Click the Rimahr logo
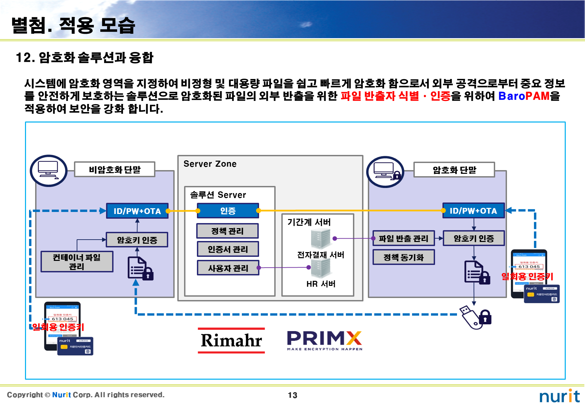tap(231, 340)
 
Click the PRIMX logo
tap(324, 340)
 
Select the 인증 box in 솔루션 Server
tap(228, 211)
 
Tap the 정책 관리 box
tap(227, 231)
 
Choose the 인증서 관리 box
tap(228, 249)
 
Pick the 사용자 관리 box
tap(228, 268)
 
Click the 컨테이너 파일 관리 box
tap(77, 262)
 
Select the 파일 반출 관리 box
tap(403, 239)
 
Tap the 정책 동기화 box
tap(403, 257)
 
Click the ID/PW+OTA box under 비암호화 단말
tap(137, 211)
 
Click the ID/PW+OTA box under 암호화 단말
tap(473, 211)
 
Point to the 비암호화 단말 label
tap(115, 169)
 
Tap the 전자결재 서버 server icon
tap(321, 238)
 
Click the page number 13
tap(292, 395)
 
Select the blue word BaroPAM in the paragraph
tap(524, 96)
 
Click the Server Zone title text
tap(210, 164)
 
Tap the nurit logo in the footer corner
tap(559, 396)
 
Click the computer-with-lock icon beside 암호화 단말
tap(385, 172)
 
